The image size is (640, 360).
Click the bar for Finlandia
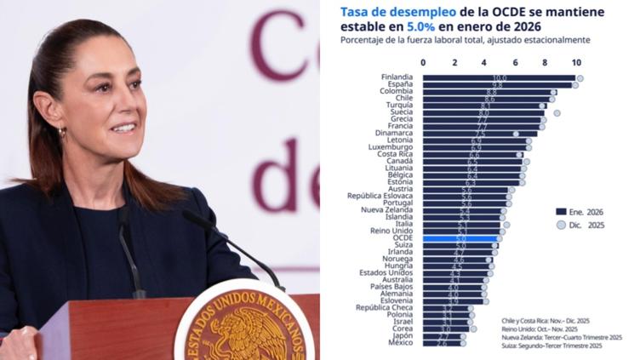[499, 77]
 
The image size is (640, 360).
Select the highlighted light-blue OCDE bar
[460, 238]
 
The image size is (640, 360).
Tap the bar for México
[443, 344]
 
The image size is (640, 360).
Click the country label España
[400, 85]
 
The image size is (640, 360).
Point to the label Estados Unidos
[387, 272]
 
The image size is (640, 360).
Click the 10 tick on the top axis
[576, 63]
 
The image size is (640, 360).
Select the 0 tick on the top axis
[424, 63]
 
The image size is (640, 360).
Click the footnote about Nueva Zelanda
[562, 337]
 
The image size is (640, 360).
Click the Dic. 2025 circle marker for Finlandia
[580, 78]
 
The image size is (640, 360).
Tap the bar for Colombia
[489, 92]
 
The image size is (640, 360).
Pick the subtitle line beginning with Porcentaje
[465, 40]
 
